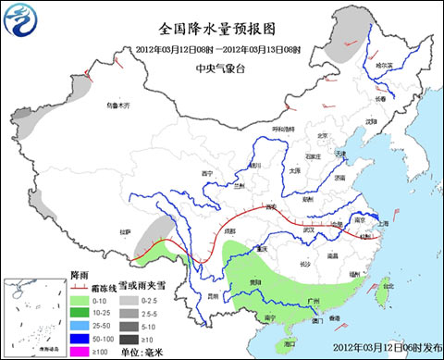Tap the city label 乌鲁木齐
coord(119,107)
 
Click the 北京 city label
coord(322,136)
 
